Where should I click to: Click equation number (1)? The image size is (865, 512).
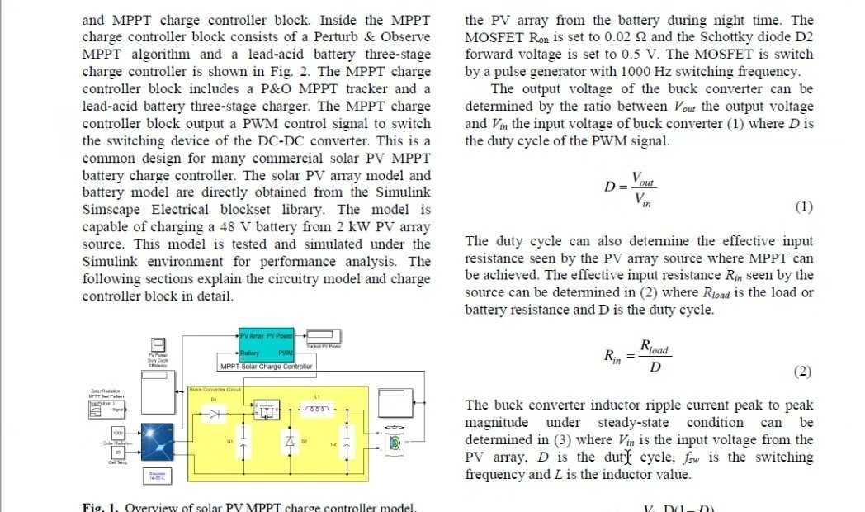(x=803, y=206)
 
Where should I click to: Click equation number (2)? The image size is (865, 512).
(x=802, y=372)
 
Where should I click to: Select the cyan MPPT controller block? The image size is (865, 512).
(x=267, y=345)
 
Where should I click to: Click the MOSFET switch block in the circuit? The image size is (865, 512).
(x=266, y=410)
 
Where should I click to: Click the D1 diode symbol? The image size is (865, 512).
(x=215, y=414)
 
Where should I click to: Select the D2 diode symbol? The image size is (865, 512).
(x=289, y=443)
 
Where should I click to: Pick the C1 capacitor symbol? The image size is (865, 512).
(x=243, y=442)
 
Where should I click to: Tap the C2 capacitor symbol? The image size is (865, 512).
(x=346, y=444)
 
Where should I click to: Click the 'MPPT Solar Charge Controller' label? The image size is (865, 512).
(x=266, y=366)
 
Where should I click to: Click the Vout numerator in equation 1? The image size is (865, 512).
(x=643, y=179)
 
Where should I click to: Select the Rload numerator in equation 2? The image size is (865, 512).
(x=654, y=348)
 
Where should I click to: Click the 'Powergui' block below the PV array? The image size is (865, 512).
(x=158, y=476)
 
